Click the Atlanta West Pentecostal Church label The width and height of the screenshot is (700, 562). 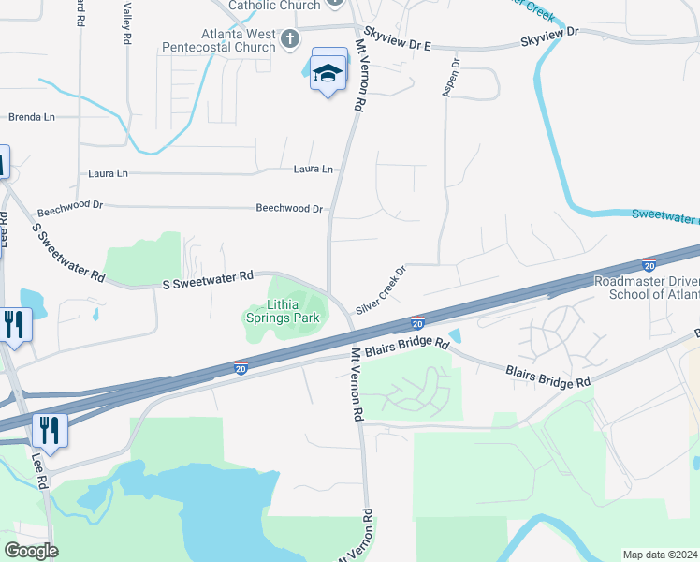point(242,39)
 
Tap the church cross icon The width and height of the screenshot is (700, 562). point(290,38)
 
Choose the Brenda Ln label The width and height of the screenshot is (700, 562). point(32,117)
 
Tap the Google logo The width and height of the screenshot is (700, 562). point(31,551)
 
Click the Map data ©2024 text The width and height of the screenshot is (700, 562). point(661,555)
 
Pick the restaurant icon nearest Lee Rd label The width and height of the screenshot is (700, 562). point(48,430)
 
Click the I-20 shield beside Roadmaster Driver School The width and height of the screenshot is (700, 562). point(649,267)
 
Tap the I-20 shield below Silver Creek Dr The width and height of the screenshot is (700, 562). point(417,323)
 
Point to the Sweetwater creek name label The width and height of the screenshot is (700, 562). point(665,214)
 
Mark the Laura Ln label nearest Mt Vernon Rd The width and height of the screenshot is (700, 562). point(314,170)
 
